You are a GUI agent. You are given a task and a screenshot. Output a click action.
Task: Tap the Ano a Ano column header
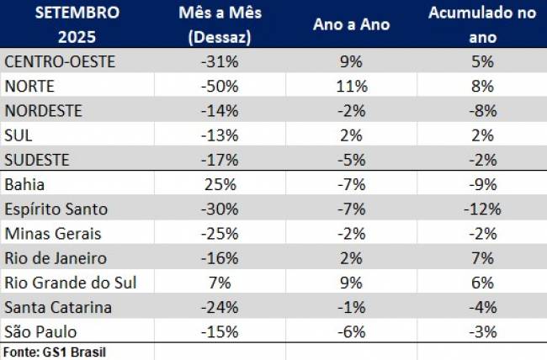point(351,25)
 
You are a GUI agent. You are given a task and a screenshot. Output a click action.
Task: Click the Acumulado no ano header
point(482,24)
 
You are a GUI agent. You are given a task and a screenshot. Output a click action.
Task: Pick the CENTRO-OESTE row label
point(59,61)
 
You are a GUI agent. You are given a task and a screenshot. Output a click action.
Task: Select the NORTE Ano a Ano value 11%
point(351,86)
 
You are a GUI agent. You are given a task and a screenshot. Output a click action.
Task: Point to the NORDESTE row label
point(44,110)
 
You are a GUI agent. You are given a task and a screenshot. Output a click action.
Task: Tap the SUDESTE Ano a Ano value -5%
point(351,160)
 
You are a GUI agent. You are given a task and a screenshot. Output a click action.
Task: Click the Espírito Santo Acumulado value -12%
point(482,209)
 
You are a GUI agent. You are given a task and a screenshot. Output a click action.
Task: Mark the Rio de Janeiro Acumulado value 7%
point(482,257)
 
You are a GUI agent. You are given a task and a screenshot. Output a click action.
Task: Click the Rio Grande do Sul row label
point(70,283)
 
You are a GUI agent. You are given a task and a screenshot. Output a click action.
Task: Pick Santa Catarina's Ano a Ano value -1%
point(351,307)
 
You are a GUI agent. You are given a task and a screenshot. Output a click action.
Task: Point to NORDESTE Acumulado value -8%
point(482,110)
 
